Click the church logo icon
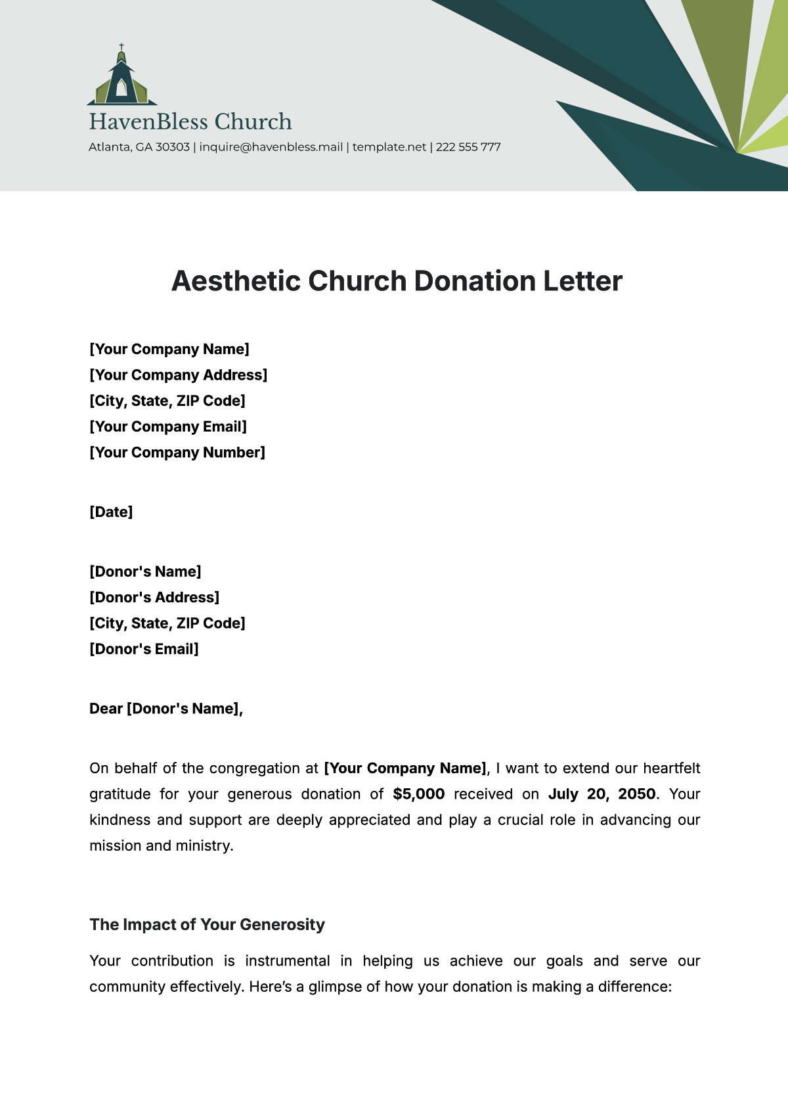121,78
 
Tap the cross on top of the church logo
121,48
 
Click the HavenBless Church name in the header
190,122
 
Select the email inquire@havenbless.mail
271,147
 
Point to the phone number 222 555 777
468,147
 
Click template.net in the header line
389,147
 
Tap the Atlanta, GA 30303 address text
139,147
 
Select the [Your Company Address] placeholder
178,375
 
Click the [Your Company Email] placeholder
168,427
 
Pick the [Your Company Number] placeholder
177,453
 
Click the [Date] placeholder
111,512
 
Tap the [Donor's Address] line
154,598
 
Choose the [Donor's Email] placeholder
144,650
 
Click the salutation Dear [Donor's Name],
166,709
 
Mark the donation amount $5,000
419,794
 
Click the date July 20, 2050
602,794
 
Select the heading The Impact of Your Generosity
207,925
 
